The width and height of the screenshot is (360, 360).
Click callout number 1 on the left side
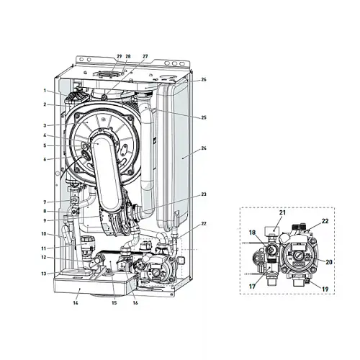click(45, 91)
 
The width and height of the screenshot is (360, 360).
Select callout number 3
click(45, 125)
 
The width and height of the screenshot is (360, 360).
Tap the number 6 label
click(45, 159)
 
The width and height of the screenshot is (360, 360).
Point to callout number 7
click(45, 202)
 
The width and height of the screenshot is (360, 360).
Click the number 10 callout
click(44, 233)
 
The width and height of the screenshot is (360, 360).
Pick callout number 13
click(44, 274)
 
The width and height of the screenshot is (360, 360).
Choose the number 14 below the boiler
click(76, 303)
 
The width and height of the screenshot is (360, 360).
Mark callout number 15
click(114, 303)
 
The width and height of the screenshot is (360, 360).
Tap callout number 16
click(135, 303)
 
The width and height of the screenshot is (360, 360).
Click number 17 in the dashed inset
click(252, 287)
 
